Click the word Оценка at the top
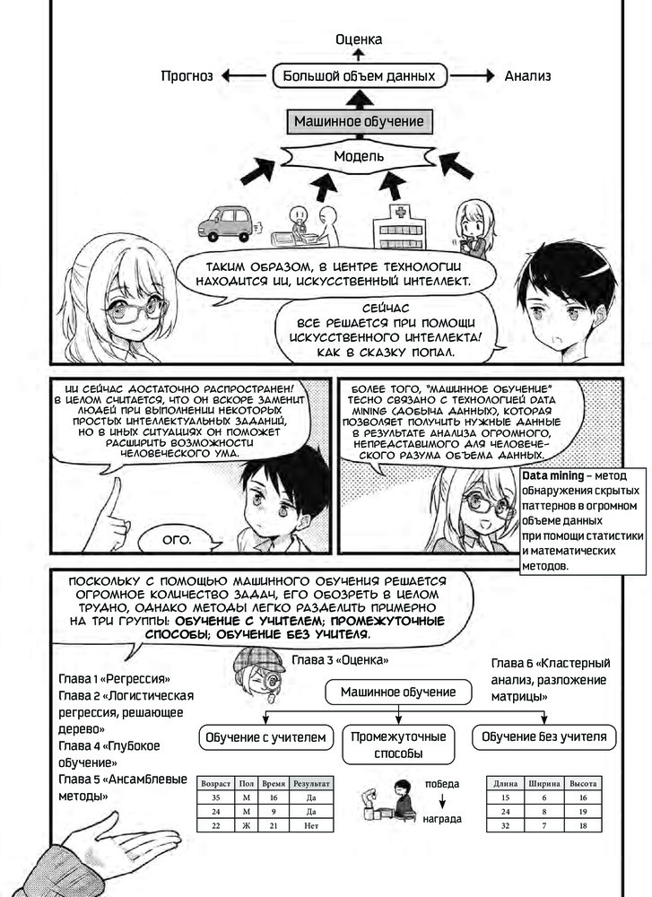[359, 39]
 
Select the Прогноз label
[187, 76]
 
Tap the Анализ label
[527, 76]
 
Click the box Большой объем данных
[359, 75]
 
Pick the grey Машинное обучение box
[359, 121]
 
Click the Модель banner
[359, 156]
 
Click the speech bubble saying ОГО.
[178, 539]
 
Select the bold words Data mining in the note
[553, 476]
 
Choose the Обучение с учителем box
[265, 737]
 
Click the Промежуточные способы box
[398, 745]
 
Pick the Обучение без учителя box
[543, 736]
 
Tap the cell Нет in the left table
[311, 825]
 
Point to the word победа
[442, 784]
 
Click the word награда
[442, 819]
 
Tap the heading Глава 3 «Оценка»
[340, 660]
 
